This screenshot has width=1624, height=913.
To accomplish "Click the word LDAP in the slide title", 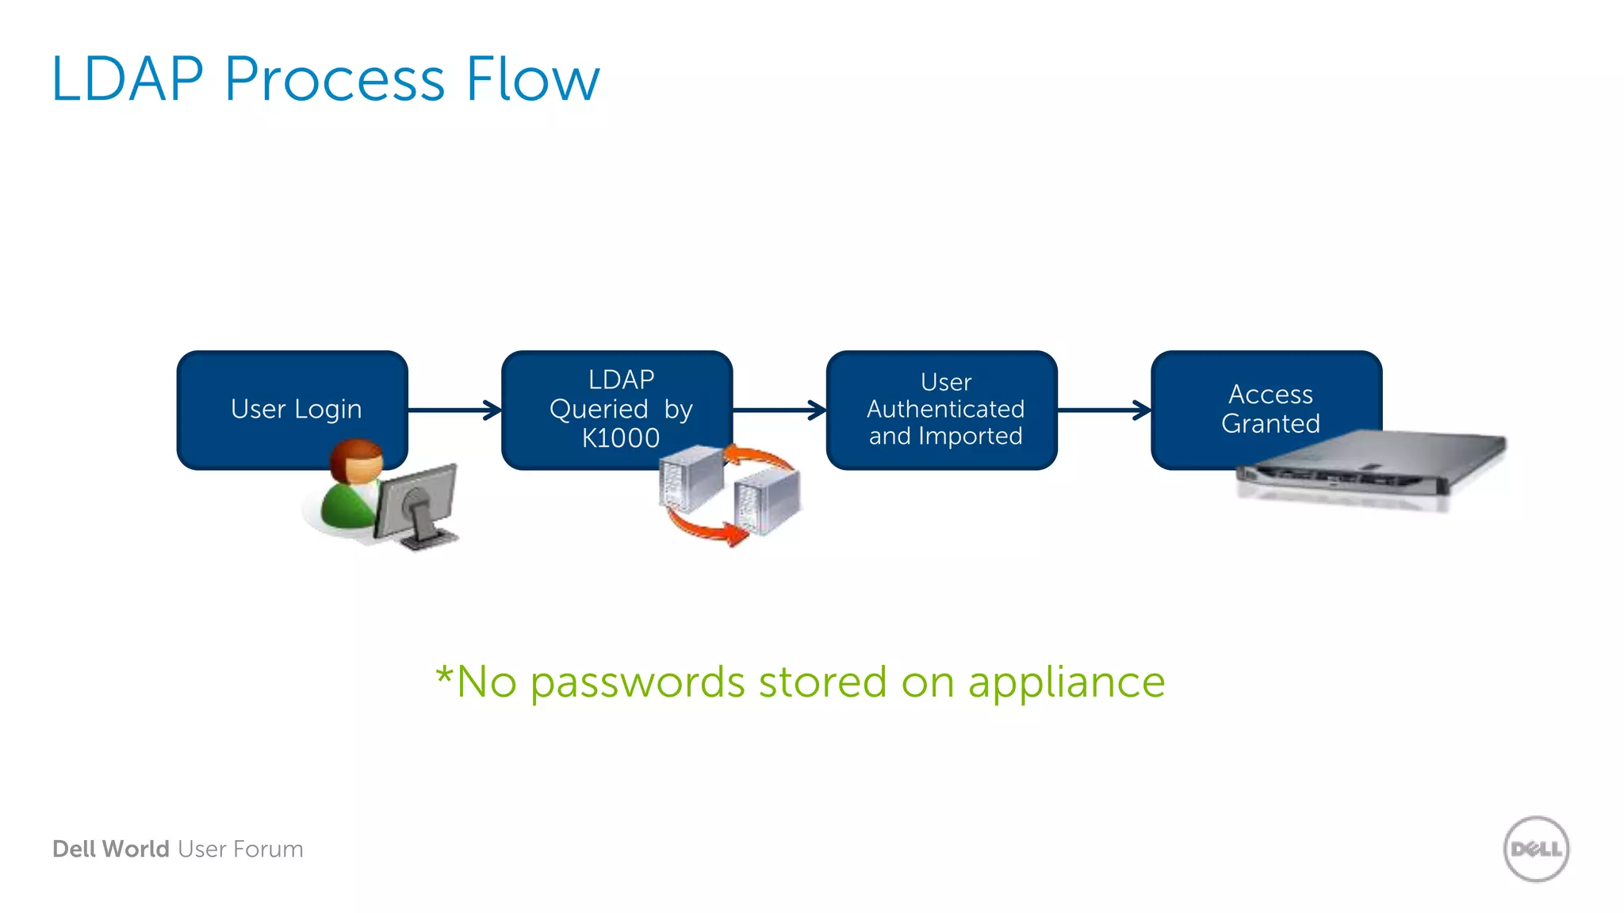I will click(128, 79).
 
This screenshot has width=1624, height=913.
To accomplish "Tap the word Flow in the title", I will click(532, 79).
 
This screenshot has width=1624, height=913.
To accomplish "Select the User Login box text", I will click(296, 409).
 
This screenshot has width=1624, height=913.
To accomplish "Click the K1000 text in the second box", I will click(620, 438).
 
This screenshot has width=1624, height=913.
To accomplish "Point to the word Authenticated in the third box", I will click(945, 409).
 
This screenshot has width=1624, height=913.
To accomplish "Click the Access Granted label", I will click(1270, 409).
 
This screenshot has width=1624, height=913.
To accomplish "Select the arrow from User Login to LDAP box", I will click(455, 410).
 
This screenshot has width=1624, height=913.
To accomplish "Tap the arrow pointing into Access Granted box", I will click(1105, 410).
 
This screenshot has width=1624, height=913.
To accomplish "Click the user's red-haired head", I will click(357, 460).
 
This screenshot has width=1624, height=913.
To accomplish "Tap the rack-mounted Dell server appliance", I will click(1372, 468).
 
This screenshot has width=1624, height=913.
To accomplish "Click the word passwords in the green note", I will click(638, 682).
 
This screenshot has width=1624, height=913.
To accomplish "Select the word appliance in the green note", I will click(1066, 682).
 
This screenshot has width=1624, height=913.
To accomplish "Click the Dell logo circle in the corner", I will click(1536, 849).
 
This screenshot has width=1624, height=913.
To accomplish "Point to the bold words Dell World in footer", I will click(111, 849).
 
